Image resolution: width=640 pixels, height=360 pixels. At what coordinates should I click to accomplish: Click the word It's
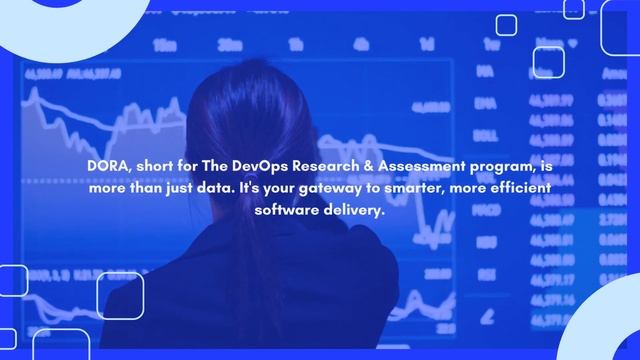255,189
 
